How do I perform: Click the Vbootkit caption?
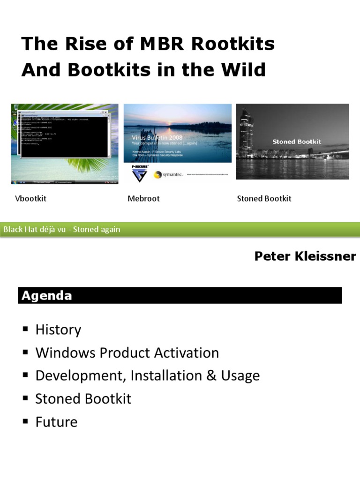pyautogui.click(x=31, y=199)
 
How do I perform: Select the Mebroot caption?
pyautogui.click(x=143, y=199)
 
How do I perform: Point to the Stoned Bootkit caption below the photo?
pyautogui.click(x=264, y=199)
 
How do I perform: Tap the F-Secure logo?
pyautogui.click(x=139, y=173)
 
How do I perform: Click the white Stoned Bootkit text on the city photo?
pyautogui.click(x=297, y=142)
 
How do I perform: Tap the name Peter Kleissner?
pyautogui.click(x=305, y=256)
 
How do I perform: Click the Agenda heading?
pyautogui.click(x=45, y=296)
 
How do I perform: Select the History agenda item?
pyautogui.click(x=58, y=330)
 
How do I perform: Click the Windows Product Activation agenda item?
pyautogui.click(x=127, y=353)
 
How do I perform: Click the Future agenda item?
pyautogui.click(x=56, y=422)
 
